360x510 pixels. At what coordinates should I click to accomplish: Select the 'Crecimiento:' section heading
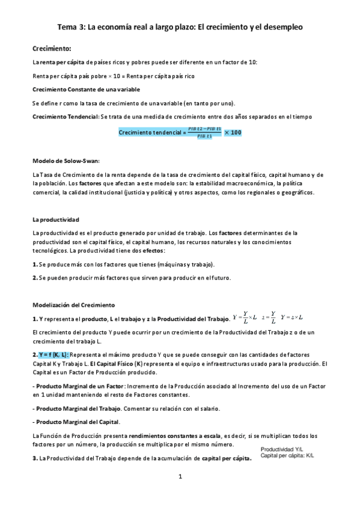click(52, 48)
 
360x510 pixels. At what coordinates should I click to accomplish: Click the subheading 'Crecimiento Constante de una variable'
click(86, 89)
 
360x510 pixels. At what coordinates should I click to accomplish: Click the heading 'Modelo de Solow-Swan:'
click(66, 161)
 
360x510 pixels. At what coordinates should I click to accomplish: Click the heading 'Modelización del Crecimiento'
click(73, 305)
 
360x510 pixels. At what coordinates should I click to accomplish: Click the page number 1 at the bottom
click(180, 477)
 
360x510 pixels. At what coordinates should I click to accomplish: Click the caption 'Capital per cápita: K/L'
click(287, 456)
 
